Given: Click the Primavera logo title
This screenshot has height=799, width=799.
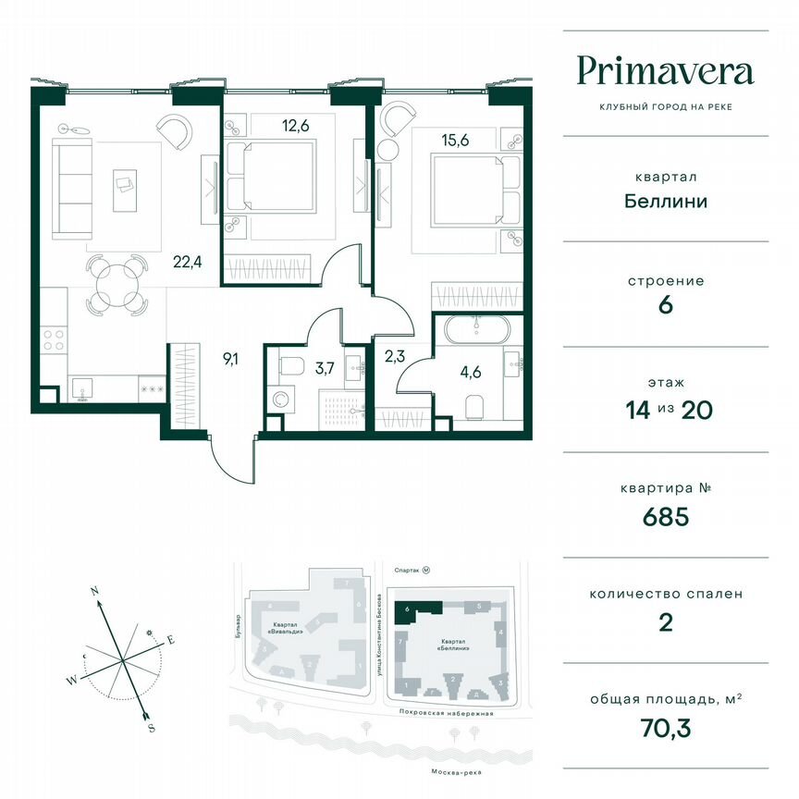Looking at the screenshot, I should point(666,70).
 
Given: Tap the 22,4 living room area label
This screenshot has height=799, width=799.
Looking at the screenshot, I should point(187,261).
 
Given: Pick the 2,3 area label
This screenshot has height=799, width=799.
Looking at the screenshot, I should point(393,354).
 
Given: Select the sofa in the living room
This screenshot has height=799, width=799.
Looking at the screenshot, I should point(66,188).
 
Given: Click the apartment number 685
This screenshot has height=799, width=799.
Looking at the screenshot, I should point(666,517).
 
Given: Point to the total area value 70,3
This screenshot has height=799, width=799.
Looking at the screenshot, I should point(666,725).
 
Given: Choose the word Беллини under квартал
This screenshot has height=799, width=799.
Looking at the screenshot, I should point(666,200).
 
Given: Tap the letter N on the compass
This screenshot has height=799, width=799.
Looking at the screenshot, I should point(94,590).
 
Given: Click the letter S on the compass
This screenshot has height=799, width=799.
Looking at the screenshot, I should point(151,728).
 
